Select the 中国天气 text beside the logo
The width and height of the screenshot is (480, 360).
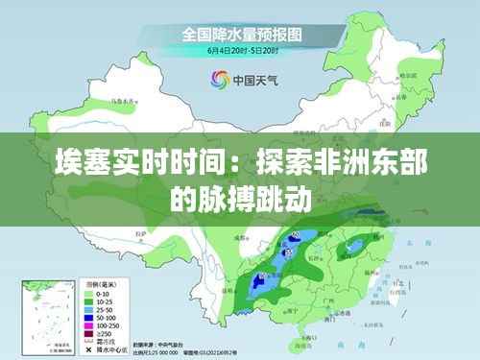click(x=252, y=81)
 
